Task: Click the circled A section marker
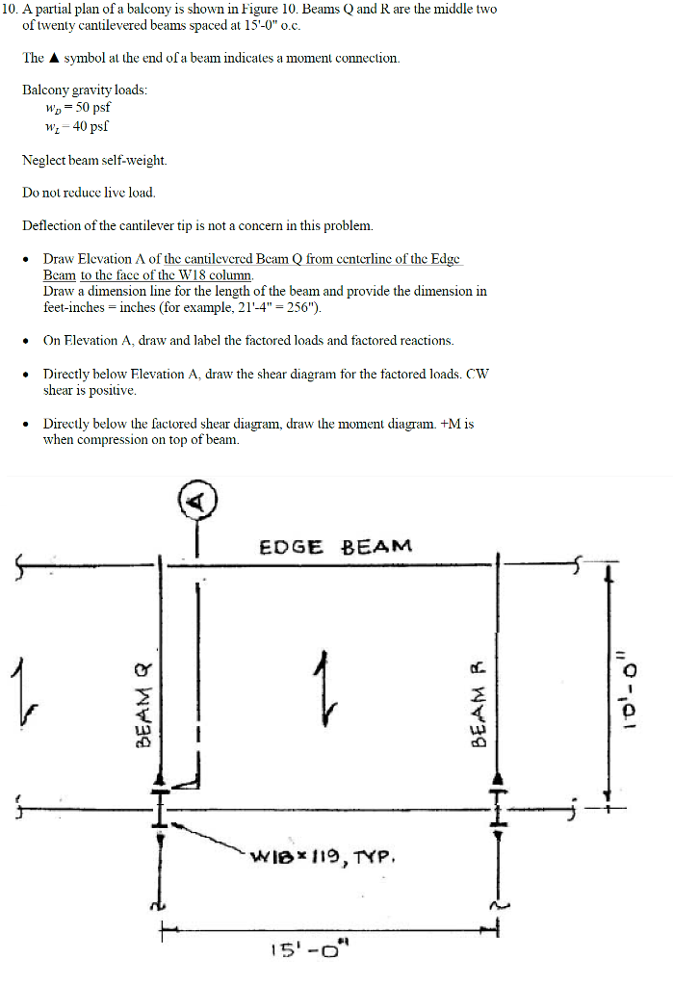pyautogui.click(x=197, y=500)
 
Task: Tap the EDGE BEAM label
pyautogui.click(x=335, y=547)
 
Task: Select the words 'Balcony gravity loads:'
pyautogui.click(x=85, y=90)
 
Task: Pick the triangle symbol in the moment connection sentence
pyautogui.click(x=55, y=58)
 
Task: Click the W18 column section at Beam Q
pyautogui.click(x=163, y=805)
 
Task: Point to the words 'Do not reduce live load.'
pyautogui.click(x=89, y=193)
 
